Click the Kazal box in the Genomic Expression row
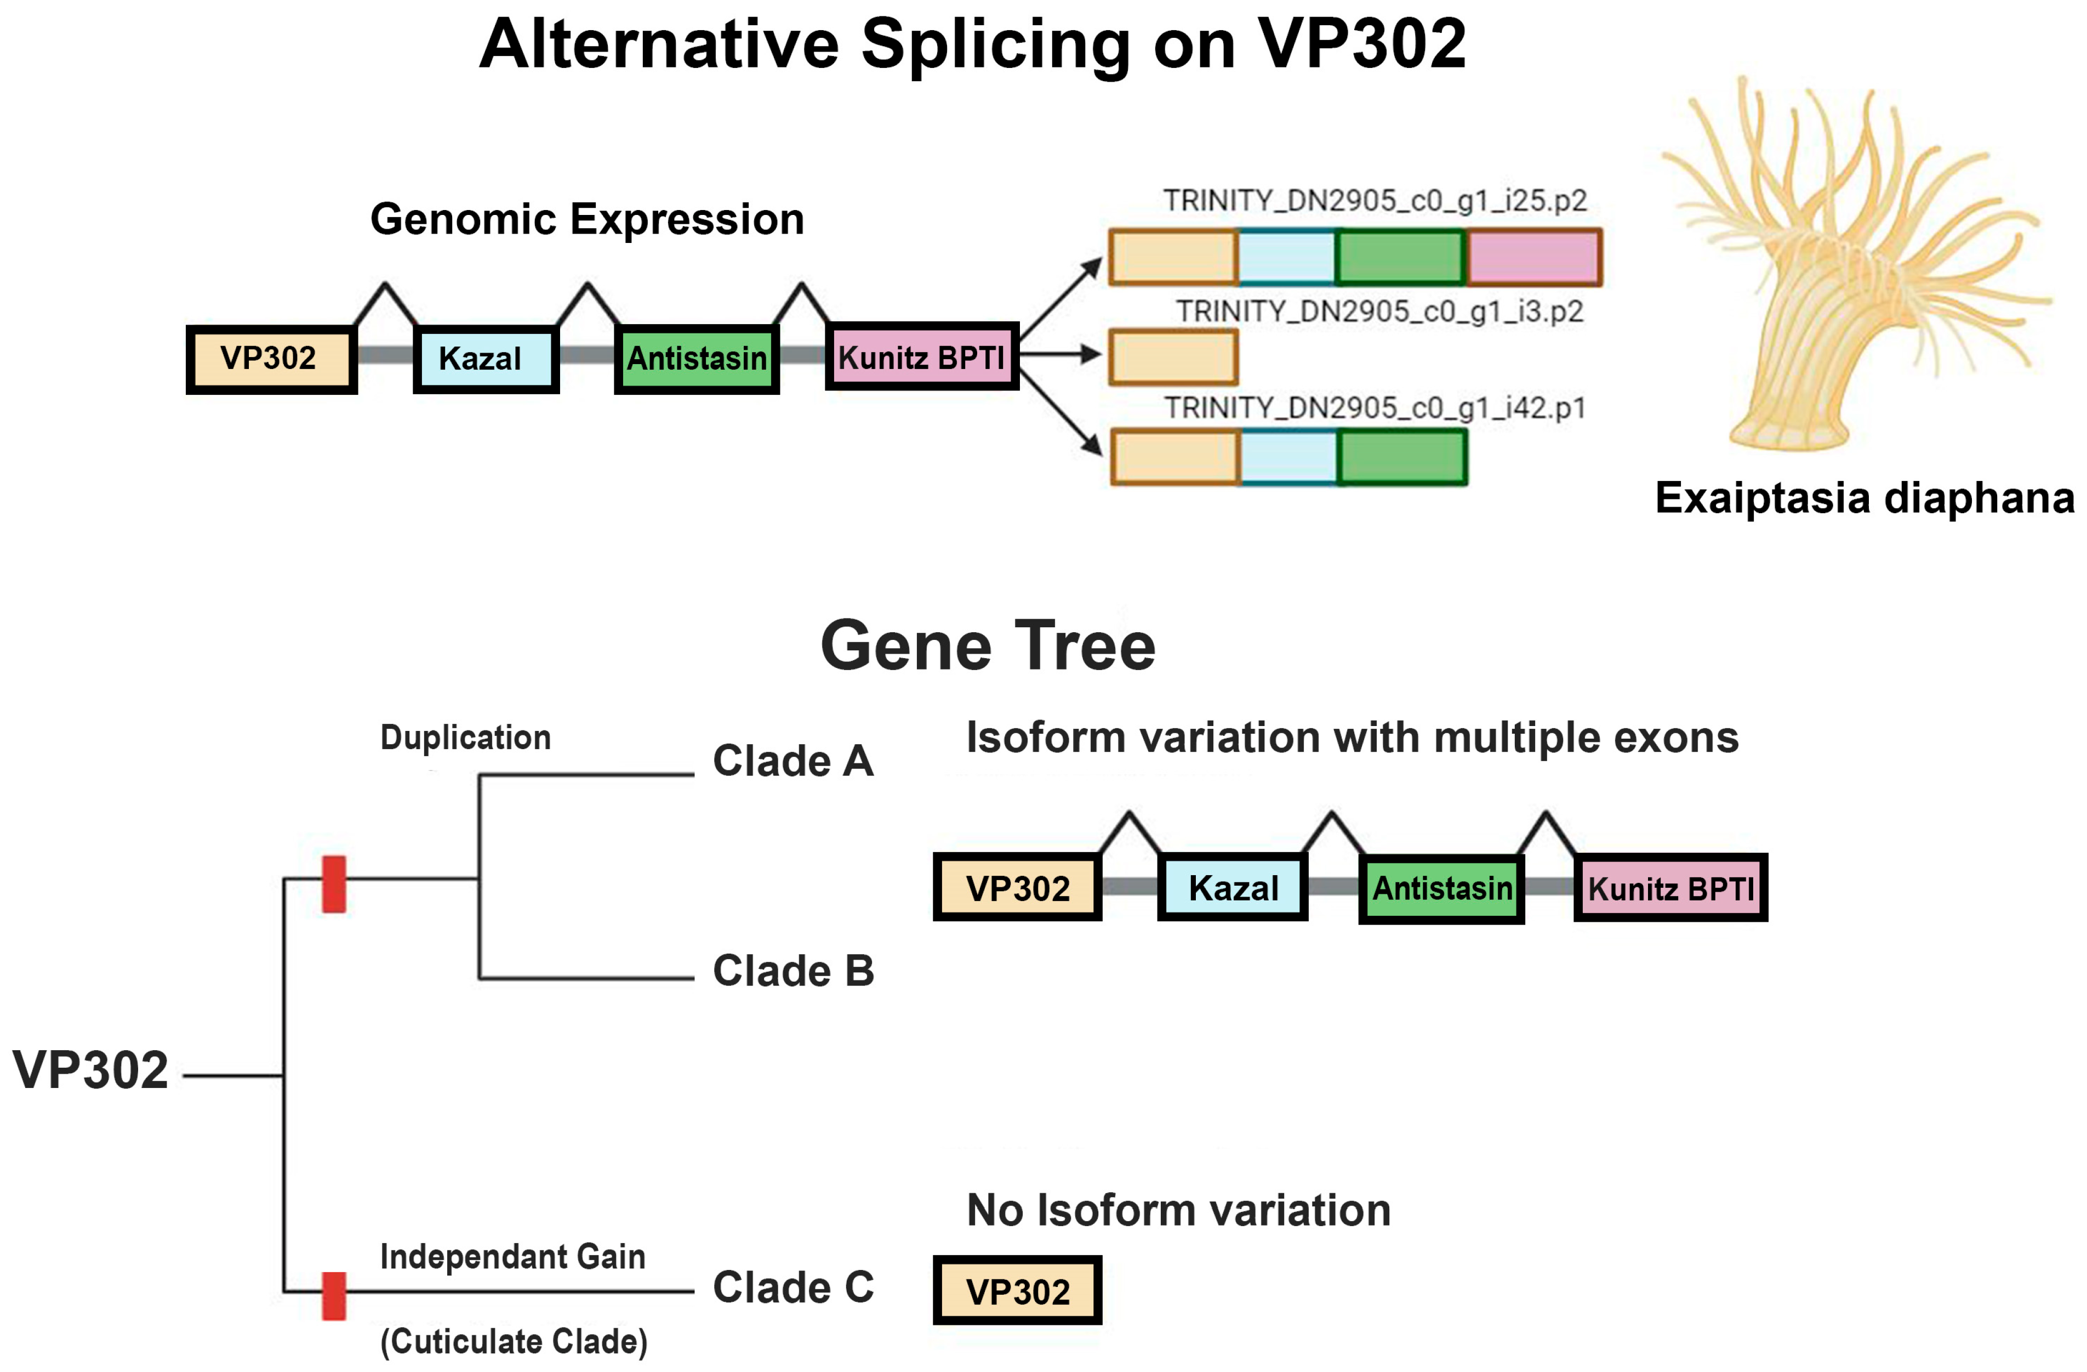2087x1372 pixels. tap(486, 359)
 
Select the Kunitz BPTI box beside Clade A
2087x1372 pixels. tap(1670, 888)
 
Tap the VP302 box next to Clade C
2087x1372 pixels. tap(1017, 1290)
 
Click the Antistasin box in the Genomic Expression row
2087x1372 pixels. tap(696, 359)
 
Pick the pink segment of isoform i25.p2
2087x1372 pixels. tap(1533, 257)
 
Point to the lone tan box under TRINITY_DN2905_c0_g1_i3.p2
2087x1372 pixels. tap(1173, 357)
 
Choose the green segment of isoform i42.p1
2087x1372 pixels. tap(1401, 457)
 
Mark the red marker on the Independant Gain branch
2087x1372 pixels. tap(333, 1296)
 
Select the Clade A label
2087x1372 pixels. tap(792, 761)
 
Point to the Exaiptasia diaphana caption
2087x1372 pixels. tap(1864, 497)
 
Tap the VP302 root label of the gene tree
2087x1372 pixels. tap(90, 1070)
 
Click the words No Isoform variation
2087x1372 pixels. tap(1178, 1211)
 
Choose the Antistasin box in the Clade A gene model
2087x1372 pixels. tap(1441, 888)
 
